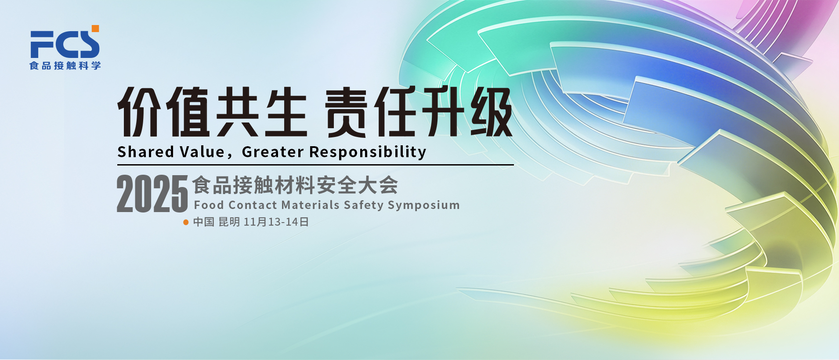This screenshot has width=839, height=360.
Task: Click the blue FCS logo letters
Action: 65,44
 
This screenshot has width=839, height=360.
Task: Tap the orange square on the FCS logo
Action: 95,29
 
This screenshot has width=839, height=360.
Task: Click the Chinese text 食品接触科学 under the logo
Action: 65,65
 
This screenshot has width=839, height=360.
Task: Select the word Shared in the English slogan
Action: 146,152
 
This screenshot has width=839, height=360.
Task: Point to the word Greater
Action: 273,152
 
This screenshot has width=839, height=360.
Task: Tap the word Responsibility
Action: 368,152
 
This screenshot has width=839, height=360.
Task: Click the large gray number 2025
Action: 152,194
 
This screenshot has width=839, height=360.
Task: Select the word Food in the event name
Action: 209,205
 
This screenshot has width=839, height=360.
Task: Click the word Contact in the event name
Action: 253,205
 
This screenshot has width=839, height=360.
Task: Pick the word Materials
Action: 311,205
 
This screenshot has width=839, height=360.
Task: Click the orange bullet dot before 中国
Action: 186,222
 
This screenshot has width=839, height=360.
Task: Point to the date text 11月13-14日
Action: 276,222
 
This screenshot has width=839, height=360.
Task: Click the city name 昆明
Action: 229,222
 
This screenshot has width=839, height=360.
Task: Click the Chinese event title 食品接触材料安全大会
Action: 295,185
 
